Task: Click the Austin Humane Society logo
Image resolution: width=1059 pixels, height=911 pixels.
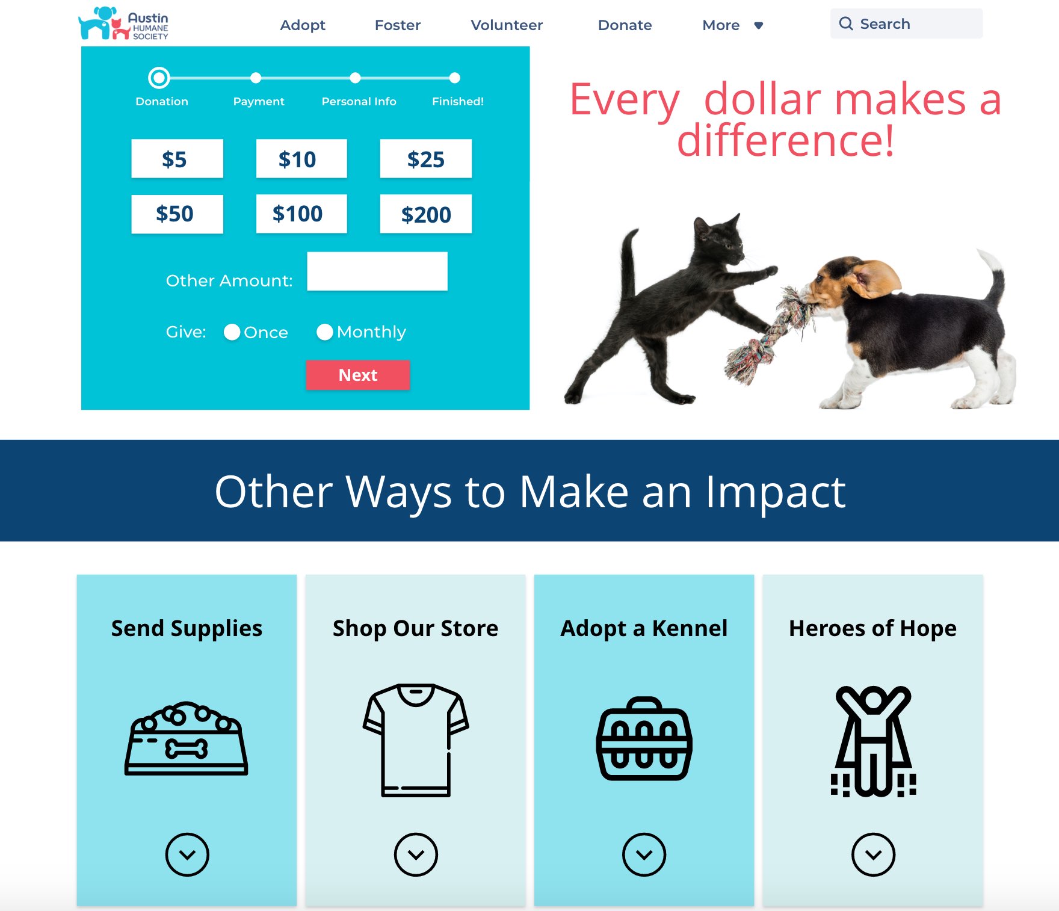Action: pos(123,23)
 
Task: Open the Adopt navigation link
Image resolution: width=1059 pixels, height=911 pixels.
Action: pos(303,25)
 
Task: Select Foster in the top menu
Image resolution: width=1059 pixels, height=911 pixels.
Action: pos(398,25)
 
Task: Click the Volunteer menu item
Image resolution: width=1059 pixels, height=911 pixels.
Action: pos(507,25)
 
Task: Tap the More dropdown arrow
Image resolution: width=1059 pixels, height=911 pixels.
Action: pos(759,25)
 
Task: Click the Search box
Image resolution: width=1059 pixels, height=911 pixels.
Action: pos(906,23)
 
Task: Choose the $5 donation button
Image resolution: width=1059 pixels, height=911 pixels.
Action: pos(177,159)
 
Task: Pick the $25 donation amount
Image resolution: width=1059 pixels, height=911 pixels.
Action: pos(425,159)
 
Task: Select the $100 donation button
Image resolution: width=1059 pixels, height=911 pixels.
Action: pos(301,214)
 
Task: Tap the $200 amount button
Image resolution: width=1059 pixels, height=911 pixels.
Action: pos(425,214)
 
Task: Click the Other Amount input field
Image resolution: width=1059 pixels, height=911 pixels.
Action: pos(377,271)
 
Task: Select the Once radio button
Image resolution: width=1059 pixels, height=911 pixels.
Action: pos(232,332)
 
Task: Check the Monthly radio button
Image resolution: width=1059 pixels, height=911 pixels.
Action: pos(325,332)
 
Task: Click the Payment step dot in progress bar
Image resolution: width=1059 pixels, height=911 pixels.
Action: pos(256,78)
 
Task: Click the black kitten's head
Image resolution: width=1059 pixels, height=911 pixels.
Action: pos(718,238)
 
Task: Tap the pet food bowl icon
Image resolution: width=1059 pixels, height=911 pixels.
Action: pos(187,738)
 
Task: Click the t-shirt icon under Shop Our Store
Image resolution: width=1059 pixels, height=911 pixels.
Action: pos(416,740)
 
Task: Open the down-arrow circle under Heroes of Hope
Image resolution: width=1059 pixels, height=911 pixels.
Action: pos(873,854)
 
